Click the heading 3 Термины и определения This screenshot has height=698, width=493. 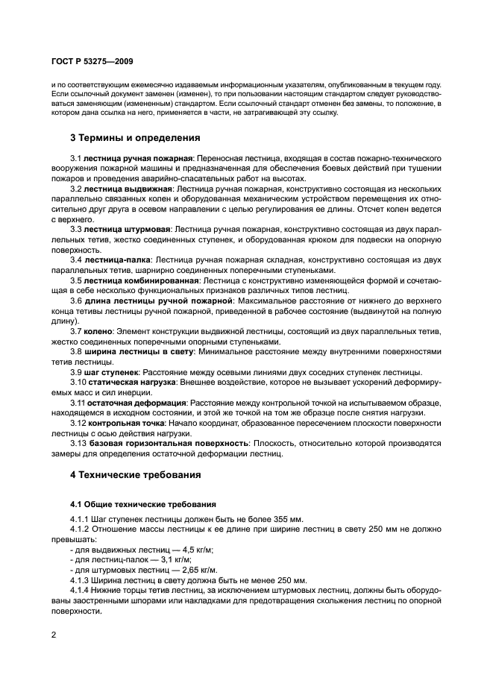134,138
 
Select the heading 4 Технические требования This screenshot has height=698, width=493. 136,474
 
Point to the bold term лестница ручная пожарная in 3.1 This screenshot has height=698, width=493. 139,159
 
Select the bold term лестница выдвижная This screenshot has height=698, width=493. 127,189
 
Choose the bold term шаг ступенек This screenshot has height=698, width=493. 112,372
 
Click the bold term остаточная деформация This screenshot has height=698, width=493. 134,402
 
